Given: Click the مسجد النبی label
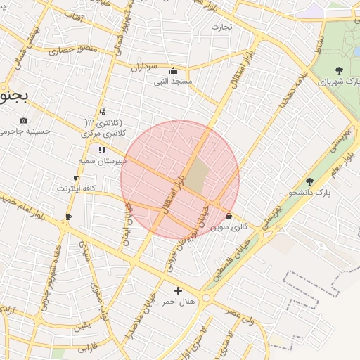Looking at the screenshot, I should click(x=174, y=81).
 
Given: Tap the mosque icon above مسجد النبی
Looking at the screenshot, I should click(x=174, y=70).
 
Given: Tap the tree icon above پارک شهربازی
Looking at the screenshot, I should click(x=340, y=70).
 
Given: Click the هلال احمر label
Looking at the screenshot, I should click(x=176, y=301).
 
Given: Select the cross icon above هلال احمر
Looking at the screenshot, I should click(x=178, y=290).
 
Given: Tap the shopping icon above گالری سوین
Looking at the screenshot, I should click(x=230, y=217).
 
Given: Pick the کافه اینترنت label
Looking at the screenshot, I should click(x=77, y=189).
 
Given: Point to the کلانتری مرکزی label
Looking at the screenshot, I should click(x=103, y=132).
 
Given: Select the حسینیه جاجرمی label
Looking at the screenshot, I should click(x=25, y=131).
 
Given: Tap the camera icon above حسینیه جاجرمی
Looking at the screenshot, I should click(x=25, y=120).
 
